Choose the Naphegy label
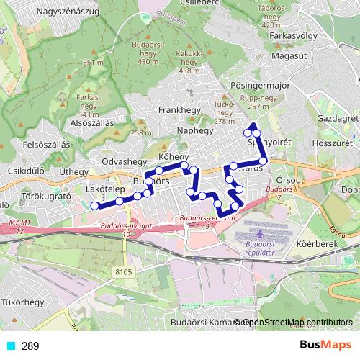coord(195,131)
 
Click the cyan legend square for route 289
coord(9,346)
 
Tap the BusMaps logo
coord(325,346)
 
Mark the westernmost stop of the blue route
coord(94,206)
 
